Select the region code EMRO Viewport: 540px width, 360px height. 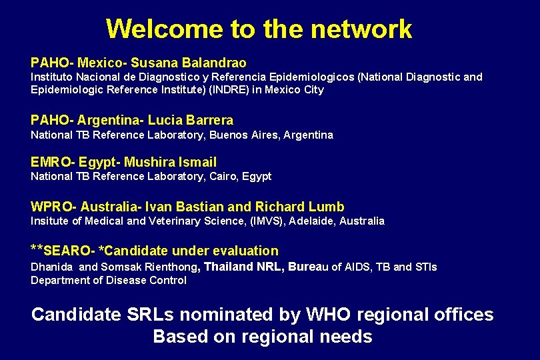51,161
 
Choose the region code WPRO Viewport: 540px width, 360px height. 51,207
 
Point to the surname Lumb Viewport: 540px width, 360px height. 327,207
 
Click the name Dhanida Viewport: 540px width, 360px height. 53,267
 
